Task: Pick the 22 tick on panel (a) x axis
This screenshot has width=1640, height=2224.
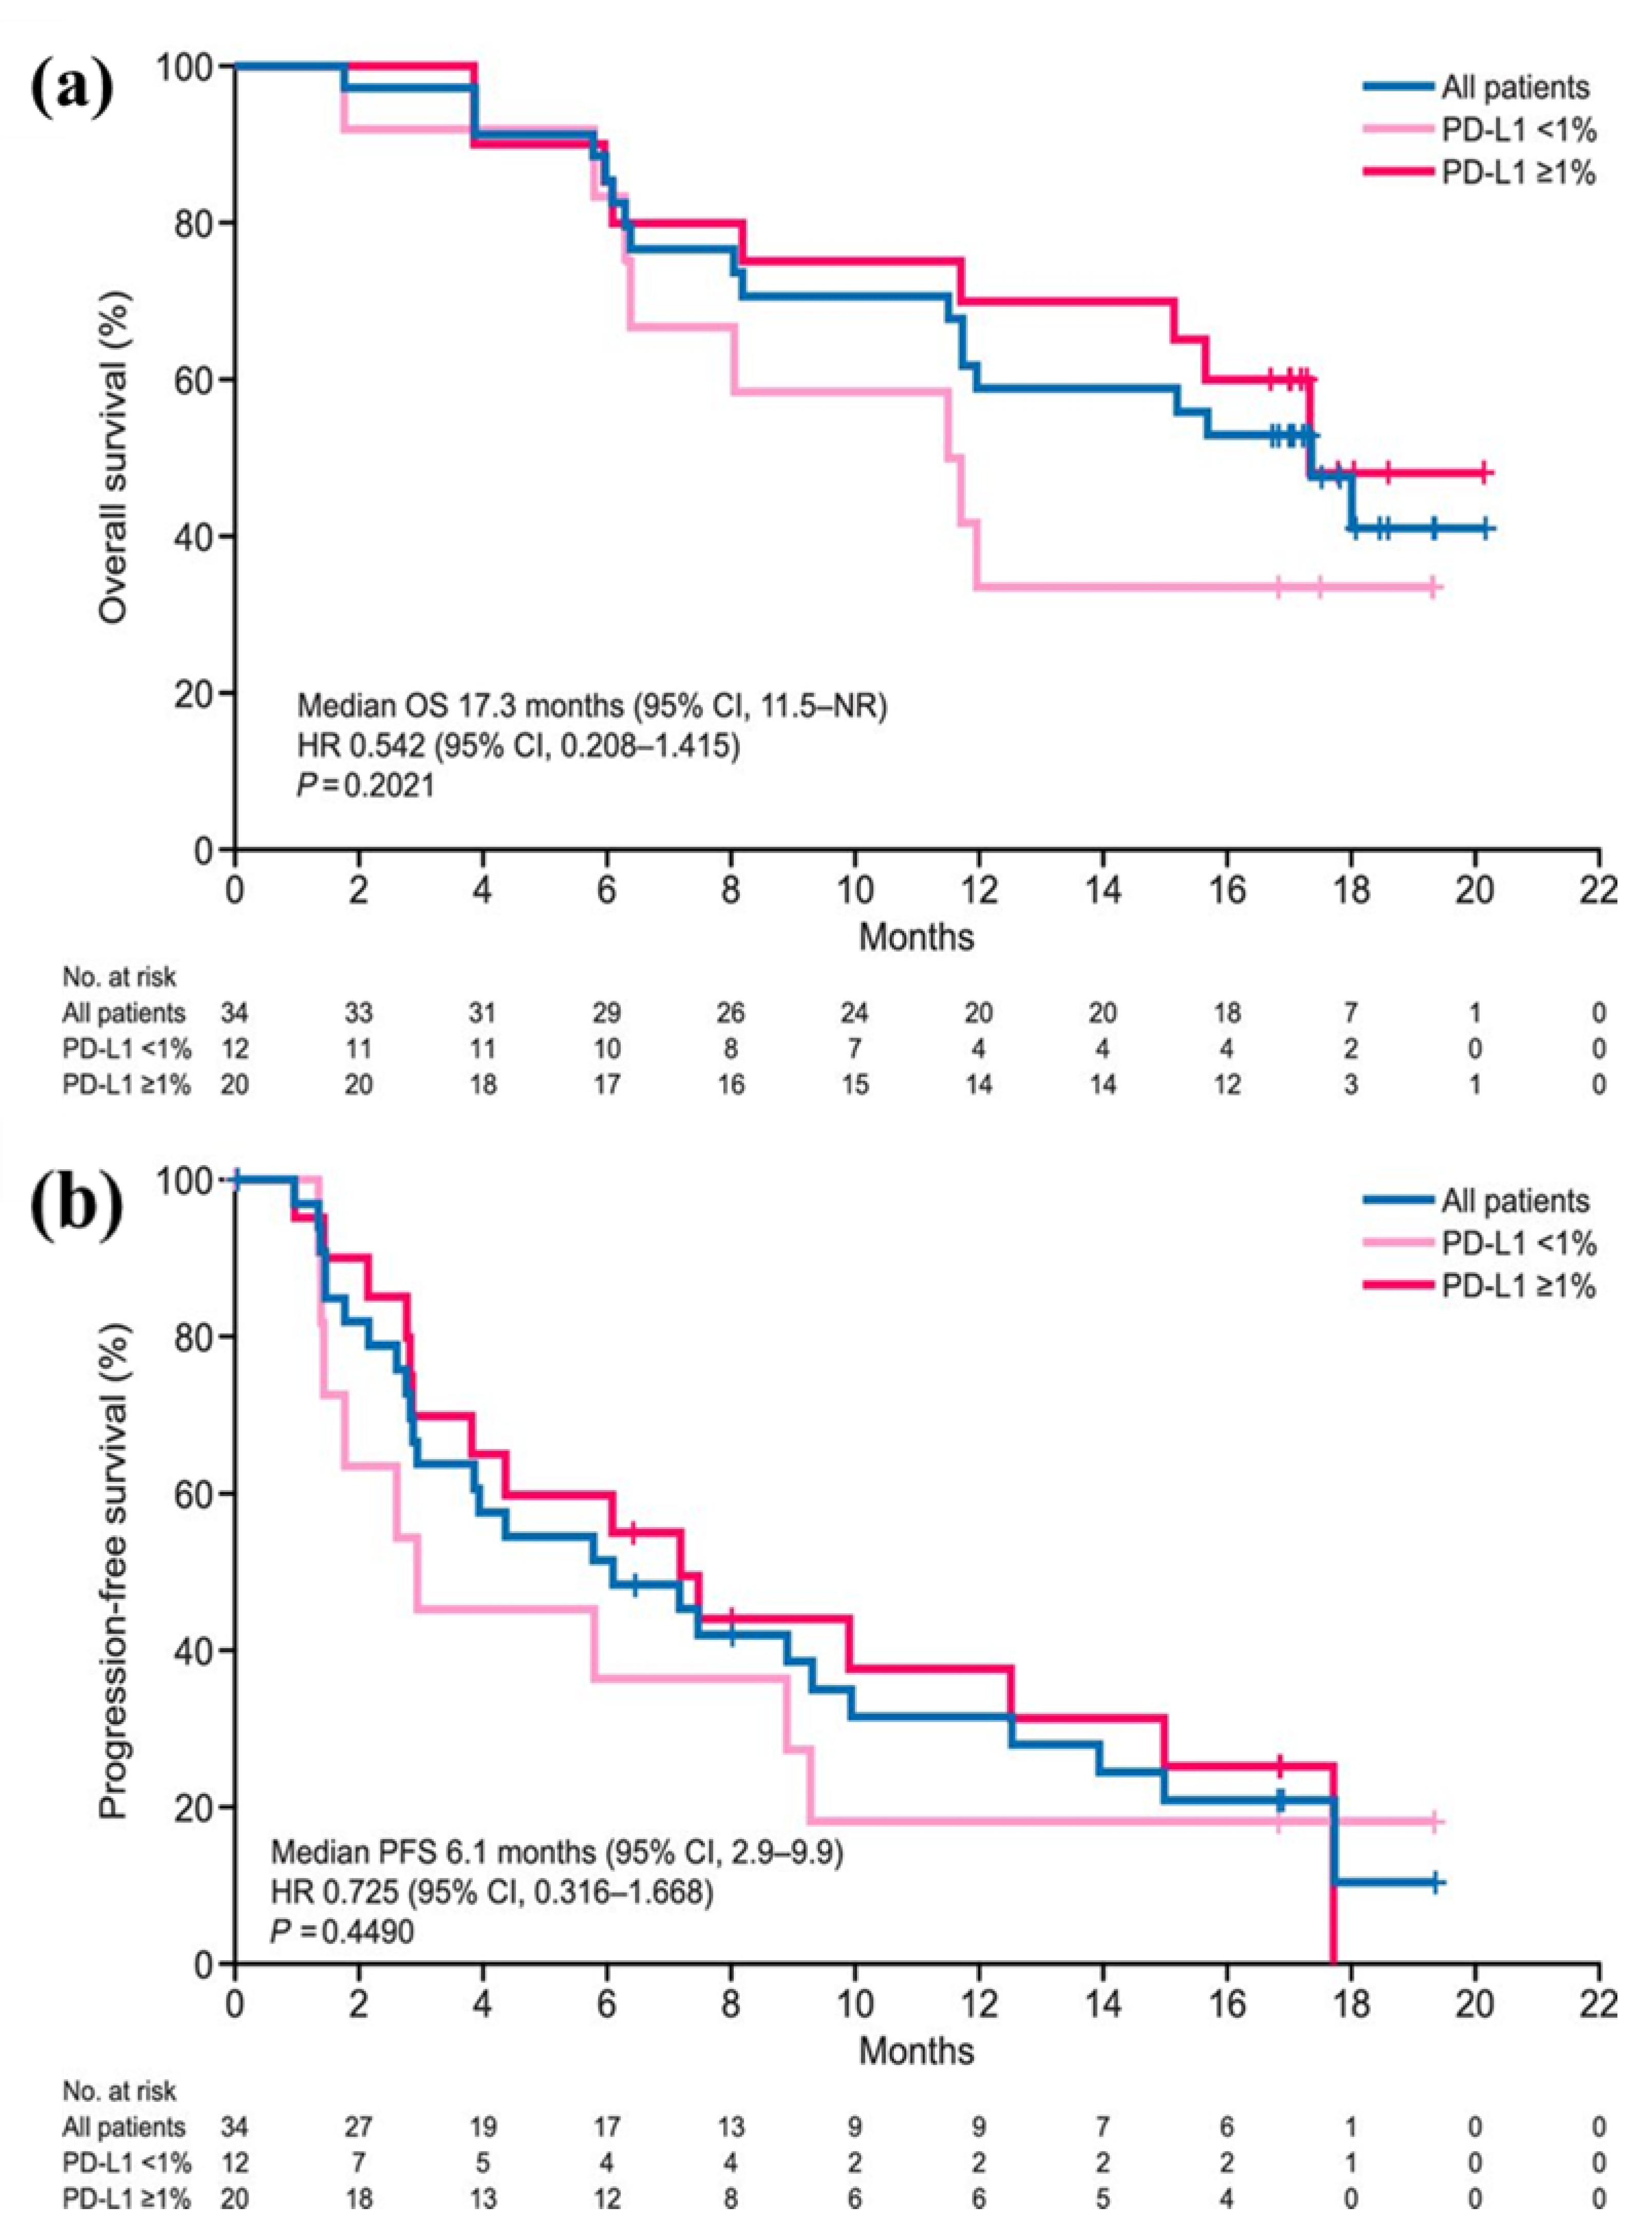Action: click(x=1598, y=890)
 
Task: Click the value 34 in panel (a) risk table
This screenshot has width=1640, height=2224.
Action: click(x=235, y=1013)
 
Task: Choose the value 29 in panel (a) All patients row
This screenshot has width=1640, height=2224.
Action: click(x=606, y=1013)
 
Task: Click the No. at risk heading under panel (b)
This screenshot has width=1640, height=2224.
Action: click(x=119, y=2091)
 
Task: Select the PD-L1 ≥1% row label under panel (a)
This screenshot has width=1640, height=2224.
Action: click(x=126, y=1085)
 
